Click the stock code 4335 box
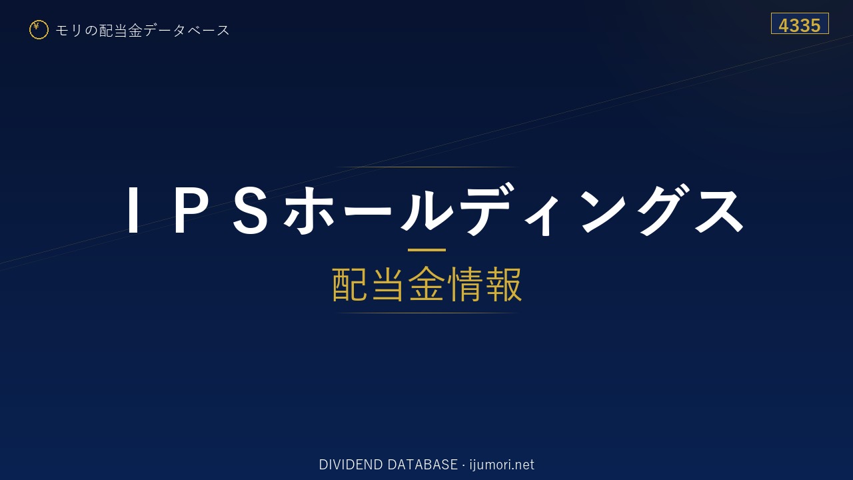pos(800,23)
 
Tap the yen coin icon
pos(39,30)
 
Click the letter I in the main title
pos(133,210)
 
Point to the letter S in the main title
pos(251,210)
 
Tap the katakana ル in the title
pos(426,209)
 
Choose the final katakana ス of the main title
pos(720,210)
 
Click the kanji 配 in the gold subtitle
pos(350,284)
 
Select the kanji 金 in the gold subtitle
pos(426,284)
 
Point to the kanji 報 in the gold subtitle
pos(503,284)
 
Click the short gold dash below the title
pos(426,250)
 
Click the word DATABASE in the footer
pos(423,465)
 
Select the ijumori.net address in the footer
pos(502,465)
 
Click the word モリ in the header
pos(69,30)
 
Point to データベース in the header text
pos(187,30)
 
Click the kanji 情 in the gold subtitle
pos(464,284)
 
